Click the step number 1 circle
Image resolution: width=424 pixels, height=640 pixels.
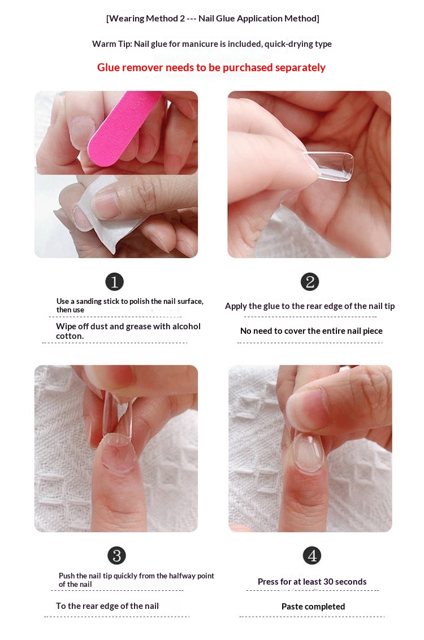(x=114, y=282)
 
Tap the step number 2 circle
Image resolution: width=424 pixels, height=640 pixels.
(x=310, y=282)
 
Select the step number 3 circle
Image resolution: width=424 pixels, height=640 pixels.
(x=117, y=555)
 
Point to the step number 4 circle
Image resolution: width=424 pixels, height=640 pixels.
(x=312, y=555)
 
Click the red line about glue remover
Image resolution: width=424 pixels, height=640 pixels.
(x=211, y=67)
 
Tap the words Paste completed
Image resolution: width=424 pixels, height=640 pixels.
(x=313, y=607)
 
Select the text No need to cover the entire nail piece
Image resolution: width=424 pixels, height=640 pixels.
(x=311, y=331)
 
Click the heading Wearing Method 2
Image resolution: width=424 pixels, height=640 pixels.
(x=146, y=19)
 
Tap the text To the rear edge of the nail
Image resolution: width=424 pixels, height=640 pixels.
(x=107, y=606)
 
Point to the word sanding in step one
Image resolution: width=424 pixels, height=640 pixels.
(x=90, y=302)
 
